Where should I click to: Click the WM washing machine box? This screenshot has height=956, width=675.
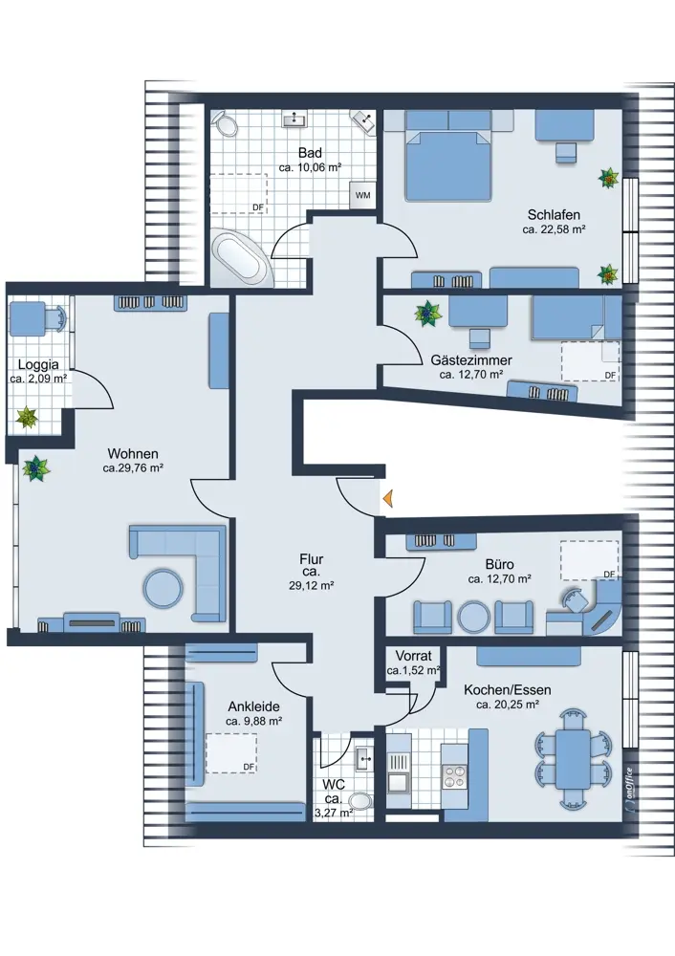(362, 195)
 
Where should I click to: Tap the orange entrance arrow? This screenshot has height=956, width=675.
(387, 499)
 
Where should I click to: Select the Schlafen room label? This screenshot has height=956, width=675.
(554, 214)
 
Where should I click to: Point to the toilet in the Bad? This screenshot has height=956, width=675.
(226, 123)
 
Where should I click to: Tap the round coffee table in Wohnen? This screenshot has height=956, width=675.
(163, 588)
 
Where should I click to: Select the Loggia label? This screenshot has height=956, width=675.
(38, 364)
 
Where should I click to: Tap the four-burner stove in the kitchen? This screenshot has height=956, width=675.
(453, 777)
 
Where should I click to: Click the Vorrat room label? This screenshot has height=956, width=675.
(413, 656)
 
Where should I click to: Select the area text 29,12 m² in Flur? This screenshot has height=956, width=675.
(311, 586)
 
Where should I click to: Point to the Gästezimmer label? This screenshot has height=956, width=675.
(471, 359)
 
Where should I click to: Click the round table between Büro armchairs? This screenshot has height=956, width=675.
(474, 617)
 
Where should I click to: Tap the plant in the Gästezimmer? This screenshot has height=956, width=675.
(427, 314)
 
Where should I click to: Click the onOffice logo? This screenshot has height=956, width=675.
(628, 788)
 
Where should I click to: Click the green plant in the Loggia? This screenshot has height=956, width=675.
(27, 418)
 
